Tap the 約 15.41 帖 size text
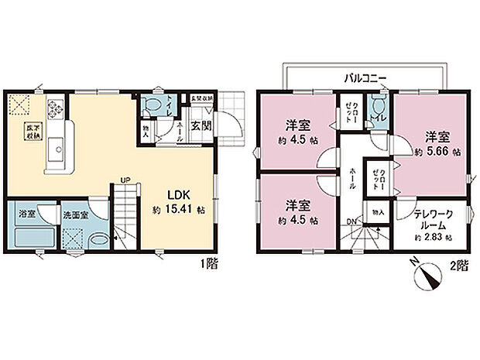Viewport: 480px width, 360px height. click(x=178, y=209)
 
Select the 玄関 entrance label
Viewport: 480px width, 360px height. click(x=201, y=125)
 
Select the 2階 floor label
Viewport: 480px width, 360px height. click(x=459, y=265)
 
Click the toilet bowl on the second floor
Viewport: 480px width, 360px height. click(x=377, y=105)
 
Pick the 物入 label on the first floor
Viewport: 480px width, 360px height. click(x=145, y=129)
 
